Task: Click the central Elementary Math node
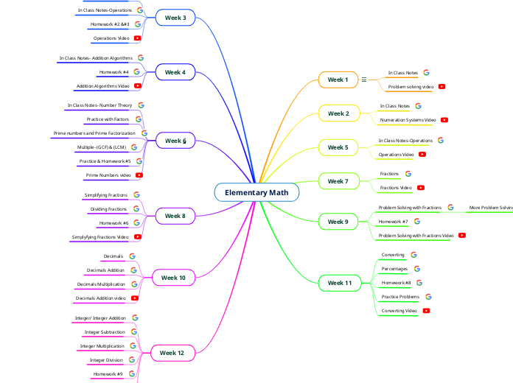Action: coord(257,193)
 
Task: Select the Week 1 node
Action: coord(338,80)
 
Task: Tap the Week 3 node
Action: coord(175,18)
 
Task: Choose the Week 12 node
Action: coord(172,354)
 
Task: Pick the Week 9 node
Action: coord(338,221)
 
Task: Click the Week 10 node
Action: coord(173,278)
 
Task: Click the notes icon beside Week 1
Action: coord(364,80)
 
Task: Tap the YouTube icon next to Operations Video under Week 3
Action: coord(138,38)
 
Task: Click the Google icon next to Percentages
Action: coord(417,269)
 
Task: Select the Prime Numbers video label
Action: coord(108,175)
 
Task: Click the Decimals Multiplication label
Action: coord(101,284)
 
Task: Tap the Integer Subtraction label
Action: coord(105,332)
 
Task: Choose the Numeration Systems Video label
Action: coord(408,119)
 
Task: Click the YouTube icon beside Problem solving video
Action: coord(442,86)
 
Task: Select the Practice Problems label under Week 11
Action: coord(400,297)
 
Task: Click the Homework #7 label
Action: coord(394,222)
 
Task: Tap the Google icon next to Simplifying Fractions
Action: coord(136,195)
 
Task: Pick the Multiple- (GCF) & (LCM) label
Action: coord(101,148)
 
